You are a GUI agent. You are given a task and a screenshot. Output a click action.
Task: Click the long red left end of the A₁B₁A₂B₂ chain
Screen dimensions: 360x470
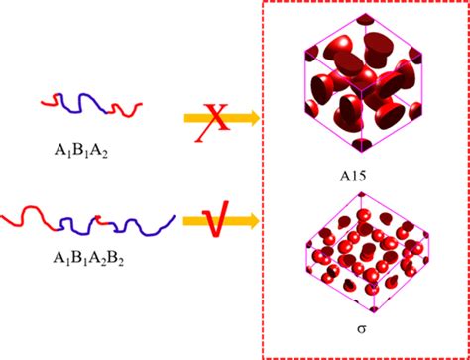point(36,214)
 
